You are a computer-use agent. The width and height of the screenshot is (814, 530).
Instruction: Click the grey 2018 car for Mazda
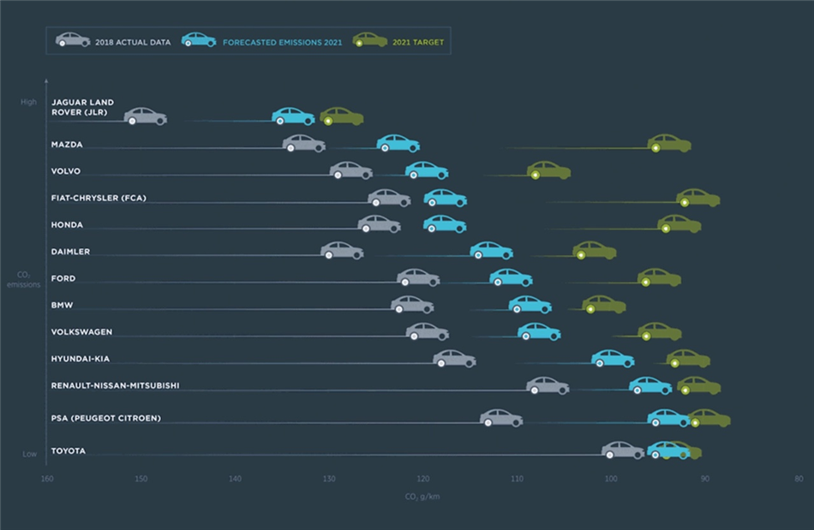tap(304, 143)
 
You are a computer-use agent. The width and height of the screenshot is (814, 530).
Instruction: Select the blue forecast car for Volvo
tap(427, 170)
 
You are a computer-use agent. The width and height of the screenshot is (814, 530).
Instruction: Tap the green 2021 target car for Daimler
tap(595, 250)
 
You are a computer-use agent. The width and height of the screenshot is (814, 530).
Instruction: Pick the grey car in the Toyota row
tap(623, 450)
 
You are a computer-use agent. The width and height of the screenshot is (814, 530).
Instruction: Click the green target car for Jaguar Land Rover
tap(342, 116)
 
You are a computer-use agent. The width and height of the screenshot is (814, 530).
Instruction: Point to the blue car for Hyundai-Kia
tap(613, 358)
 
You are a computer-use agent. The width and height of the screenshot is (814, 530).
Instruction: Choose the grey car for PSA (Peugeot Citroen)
tap(501, 418)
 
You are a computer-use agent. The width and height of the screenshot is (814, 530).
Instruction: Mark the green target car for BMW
tap(604, 304)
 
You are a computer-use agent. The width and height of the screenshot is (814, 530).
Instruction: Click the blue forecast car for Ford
tap(511, 277)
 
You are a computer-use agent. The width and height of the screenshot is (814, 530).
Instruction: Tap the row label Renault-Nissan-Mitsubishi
tap(115, 386)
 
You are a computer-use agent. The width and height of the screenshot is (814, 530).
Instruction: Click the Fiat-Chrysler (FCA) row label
tap(99, 199)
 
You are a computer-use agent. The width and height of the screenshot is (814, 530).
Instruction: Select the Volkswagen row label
tap(81, 332)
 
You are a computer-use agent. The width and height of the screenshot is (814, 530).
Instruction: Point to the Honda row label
tap(67, 225)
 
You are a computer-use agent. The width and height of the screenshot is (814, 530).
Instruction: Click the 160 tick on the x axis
tap(47, 479)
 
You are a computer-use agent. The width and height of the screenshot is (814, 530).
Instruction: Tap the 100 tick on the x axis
tap(611, 479)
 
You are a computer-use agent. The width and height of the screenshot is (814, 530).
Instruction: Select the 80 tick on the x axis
tap(799, 479)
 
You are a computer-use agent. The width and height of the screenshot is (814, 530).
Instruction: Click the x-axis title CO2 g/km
tap(422, 496)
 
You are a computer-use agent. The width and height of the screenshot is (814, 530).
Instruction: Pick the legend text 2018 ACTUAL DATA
tap(133, 41)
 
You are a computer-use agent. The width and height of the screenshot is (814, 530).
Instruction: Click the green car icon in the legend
tap(370, 39)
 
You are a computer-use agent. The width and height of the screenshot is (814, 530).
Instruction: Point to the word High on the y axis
tap(29, 102)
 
